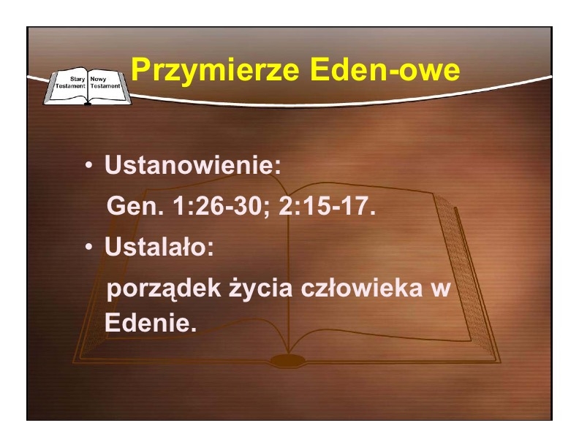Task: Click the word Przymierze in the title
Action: [215, 69]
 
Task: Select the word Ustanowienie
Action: [192, 164]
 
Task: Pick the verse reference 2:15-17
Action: [327, 205]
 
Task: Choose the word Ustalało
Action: [159, 246]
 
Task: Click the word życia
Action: [260, 289]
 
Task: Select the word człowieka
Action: [361, 288]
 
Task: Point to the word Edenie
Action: [151, 323]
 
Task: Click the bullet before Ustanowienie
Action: [88, 166]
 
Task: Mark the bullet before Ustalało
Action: [88, 247]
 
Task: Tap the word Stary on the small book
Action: [77, 79]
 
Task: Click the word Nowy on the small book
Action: [98, 79]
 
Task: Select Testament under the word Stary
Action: [70, 86]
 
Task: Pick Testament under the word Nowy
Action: [105, 86]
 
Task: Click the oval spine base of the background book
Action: [288, 360]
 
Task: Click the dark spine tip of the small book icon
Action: [88, 104]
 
